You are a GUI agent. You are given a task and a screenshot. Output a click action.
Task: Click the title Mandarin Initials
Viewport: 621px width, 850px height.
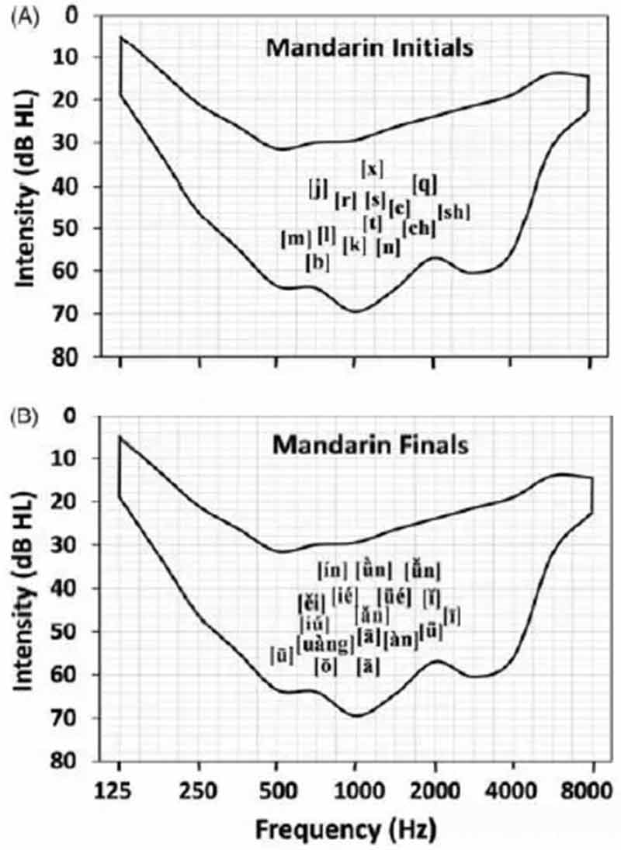[x=369, y=48]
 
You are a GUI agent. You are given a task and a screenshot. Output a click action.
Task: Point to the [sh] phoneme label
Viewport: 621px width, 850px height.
[x=454, y=211]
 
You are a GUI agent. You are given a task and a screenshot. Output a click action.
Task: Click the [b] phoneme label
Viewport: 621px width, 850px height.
[x=317, y=262]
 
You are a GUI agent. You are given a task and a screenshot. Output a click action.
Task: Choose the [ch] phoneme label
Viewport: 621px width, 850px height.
[x=419, y=228]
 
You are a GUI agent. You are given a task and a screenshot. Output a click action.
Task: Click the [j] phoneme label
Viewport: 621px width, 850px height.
[x=318, y=187]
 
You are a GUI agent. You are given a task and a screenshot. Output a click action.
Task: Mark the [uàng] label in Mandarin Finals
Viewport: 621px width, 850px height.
[x=325, y=643]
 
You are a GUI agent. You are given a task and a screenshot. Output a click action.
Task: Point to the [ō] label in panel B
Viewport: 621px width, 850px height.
[x=325, y=666]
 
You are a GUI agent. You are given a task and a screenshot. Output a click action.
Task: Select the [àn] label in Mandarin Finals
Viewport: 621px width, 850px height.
[x=401, y=641]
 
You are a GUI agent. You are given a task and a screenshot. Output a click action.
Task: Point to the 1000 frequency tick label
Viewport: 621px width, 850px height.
[x=355, y=789]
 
